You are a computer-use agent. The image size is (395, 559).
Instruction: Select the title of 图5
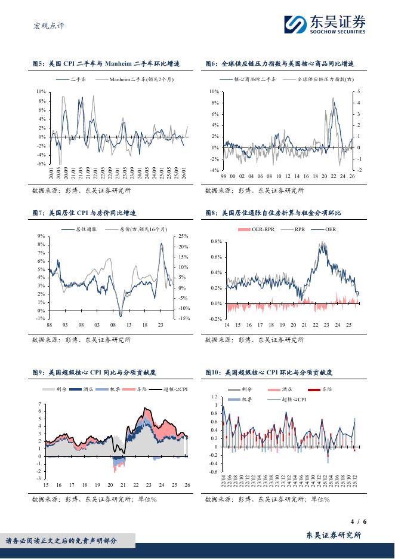click(x=106, y=63)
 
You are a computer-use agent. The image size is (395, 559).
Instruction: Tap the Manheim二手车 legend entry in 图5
click(x=134, y=79)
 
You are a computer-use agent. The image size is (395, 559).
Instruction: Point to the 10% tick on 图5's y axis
click(x=41, y=92)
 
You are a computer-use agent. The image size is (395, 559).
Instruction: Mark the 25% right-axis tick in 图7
click(x=183, y=236)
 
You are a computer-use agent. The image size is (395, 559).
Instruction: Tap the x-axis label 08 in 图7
click(x=113, y=325)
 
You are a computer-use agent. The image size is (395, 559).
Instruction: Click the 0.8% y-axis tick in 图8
click(x=216, y=242)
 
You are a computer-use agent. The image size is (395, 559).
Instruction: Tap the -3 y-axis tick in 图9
click(x=39, y=478)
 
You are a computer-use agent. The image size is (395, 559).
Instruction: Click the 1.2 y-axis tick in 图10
click(x=215, y=397)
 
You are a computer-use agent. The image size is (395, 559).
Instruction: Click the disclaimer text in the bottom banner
click(x=61, y=541)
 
